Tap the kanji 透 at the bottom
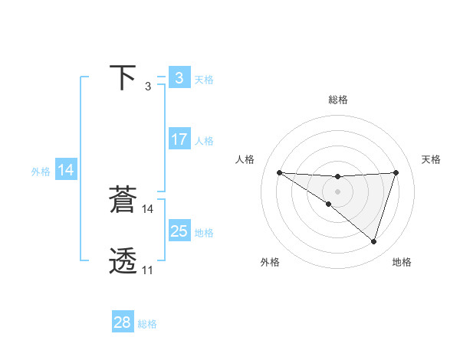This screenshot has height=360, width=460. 123,261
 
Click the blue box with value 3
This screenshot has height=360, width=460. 179,77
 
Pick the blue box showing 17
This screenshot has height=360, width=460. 179,139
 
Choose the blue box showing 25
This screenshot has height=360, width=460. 179,231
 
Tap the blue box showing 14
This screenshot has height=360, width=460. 66,171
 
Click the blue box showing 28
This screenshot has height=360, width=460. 123,322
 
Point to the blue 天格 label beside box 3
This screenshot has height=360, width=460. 204,79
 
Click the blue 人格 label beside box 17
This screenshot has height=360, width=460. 204,141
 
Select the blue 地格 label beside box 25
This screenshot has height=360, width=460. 204,232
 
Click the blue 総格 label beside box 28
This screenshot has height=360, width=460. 147,324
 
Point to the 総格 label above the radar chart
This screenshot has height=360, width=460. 338,100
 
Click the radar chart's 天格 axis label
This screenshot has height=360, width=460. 432,159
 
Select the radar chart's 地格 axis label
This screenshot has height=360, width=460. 402,263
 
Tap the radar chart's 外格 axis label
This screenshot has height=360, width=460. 270,263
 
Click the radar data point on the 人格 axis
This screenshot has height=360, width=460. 279,172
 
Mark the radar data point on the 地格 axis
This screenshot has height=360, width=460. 374,241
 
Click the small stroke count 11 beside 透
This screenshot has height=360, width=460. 147,270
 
